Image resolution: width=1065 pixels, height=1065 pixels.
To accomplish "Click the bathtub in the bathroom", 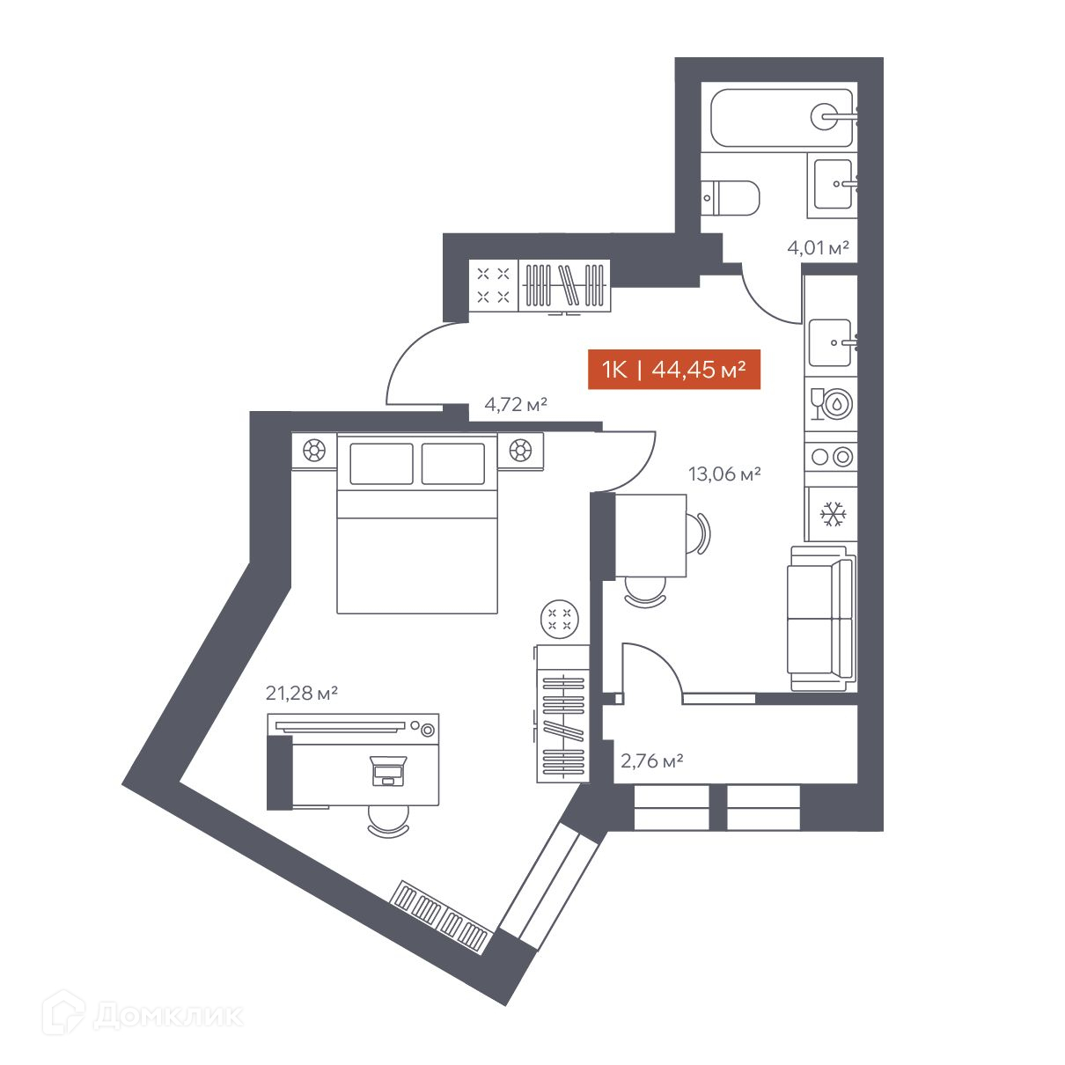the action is click(782, 118).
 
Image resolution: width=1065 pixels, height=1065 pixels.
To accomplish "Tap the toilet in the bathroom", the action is click(730, 197).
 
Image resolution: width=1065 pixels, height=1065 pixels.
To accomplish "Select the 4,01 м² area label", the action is click(818, 247).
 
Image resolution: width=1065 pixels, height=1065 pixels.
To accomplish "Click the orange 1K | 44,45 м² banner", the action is click(673, 369).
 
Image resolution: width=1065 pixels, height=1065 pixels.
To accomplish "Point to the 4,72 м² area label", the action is click(515, 404).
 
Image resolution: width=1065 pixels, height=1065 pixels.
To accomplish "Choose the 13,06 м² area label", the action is click(724, 473).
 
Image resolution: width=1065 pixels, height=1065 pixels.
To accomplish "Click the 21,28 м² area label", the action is click(301, 692).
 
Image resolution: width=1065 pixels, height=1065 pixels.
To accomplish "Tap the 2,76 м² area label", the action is click(651, 760).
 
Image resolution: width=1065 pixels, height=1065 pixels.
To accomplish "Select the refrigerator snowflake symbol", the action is click(833, 513).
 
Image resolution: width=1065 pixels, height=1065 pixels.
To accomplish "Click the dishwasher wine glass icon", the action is click(817, 404).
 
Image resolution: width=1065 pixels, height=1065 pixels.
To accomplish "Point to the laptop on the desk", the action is click(389, 770).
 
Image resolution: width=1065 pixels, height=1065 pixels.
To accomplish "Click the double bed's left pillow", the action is click(381, 464).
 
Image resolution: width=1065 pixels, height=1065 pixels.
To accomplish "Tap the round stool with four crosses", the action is click(559, 619).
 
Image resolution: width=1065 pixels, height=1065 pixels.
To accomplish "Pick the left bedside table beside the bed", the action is click(313, 450).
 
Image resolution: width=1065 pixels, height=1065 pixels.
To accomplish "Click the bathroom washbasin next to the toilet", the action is click(833, 184).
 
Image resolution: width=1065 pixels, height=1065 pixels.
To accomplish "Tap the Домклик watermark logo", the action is click(142, 1012).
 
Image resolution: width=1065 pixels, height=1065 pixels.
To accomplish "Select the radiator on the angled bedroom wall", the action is click(440, 917).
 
